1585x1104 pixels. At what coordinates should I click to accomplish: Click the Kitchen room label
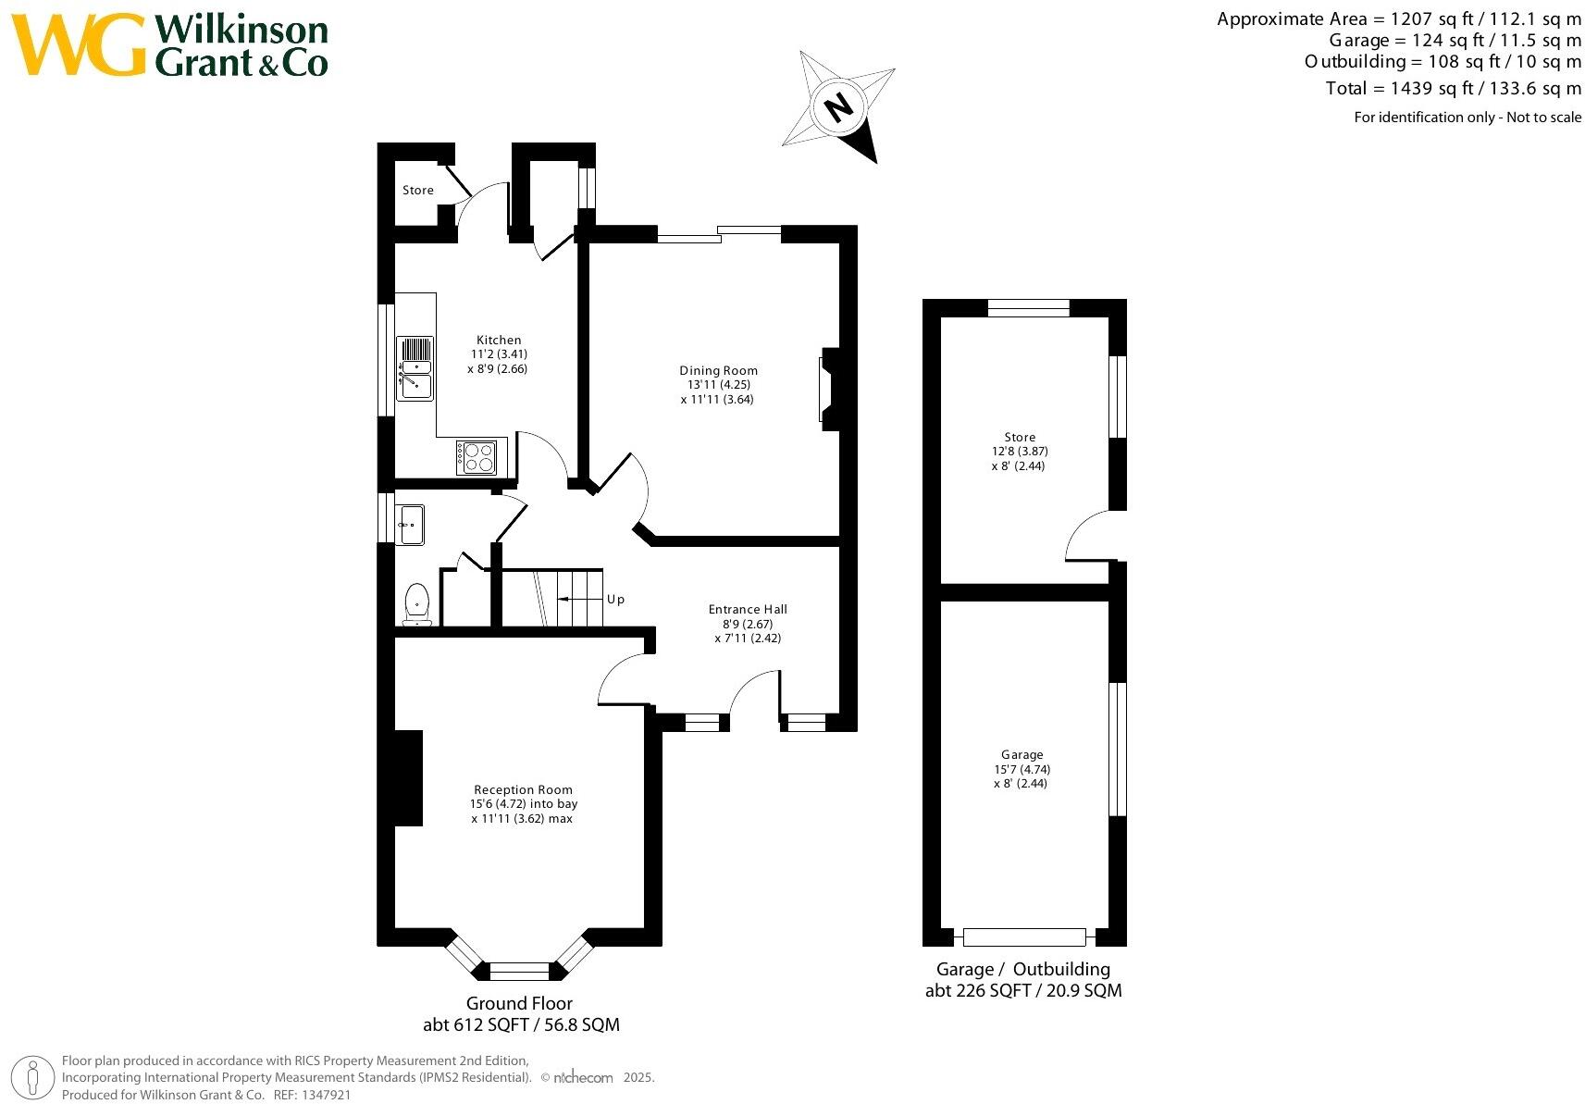tap(499, 341)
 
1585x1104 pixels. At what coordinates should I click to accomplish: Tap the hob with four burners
tap(477, 457)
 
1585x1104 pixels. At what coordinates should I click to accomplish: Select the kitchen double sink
tap(415, 367)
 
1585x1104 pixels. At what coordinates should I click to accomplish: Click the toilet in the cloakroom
tap(417, 602)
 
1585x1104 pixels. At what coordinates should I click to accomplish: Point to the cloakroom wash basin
tap(410, 525)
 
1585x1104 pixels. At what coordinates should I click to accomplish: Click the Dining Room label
tap(718, 370)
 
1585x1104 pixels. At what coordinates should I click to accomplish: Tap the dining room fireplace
tap(830, 390)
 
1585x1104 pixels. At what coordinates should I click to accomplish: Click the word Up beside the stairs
tap(615, 600)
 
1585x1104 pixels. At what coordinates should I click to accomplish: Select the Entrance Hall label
tap(748, 609)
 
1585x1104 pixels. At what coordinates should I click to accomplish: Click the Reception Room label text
tap(523, 789)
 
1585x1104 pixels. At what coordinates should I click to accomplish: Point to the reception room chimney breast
tap(408, 777)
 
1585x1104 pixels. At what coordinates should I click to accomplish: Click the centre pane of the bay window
tap(519, 971)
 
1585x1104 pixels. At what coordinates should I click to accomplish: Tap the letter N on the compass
tap(838, 107)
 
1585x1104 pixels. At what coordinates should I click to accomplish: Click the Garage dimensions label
tap(1022, 769)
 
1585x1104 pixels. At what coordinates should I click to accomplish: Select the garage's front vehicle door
tap(1023, 937)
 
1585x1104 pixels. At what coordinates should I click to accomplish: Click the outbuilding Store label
tap(1020, 437)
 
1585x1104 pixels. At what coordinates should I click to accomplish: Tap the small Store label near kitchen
tap(417, 190)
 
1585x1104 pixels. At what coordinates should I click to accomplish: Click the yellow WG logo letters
tap(80, 44)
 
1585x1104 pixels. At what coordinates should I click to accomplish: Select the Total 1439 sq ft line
tap(1453, 89)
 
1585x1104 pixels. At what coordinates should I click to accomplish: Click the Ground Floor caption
tap(519, 1003)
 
